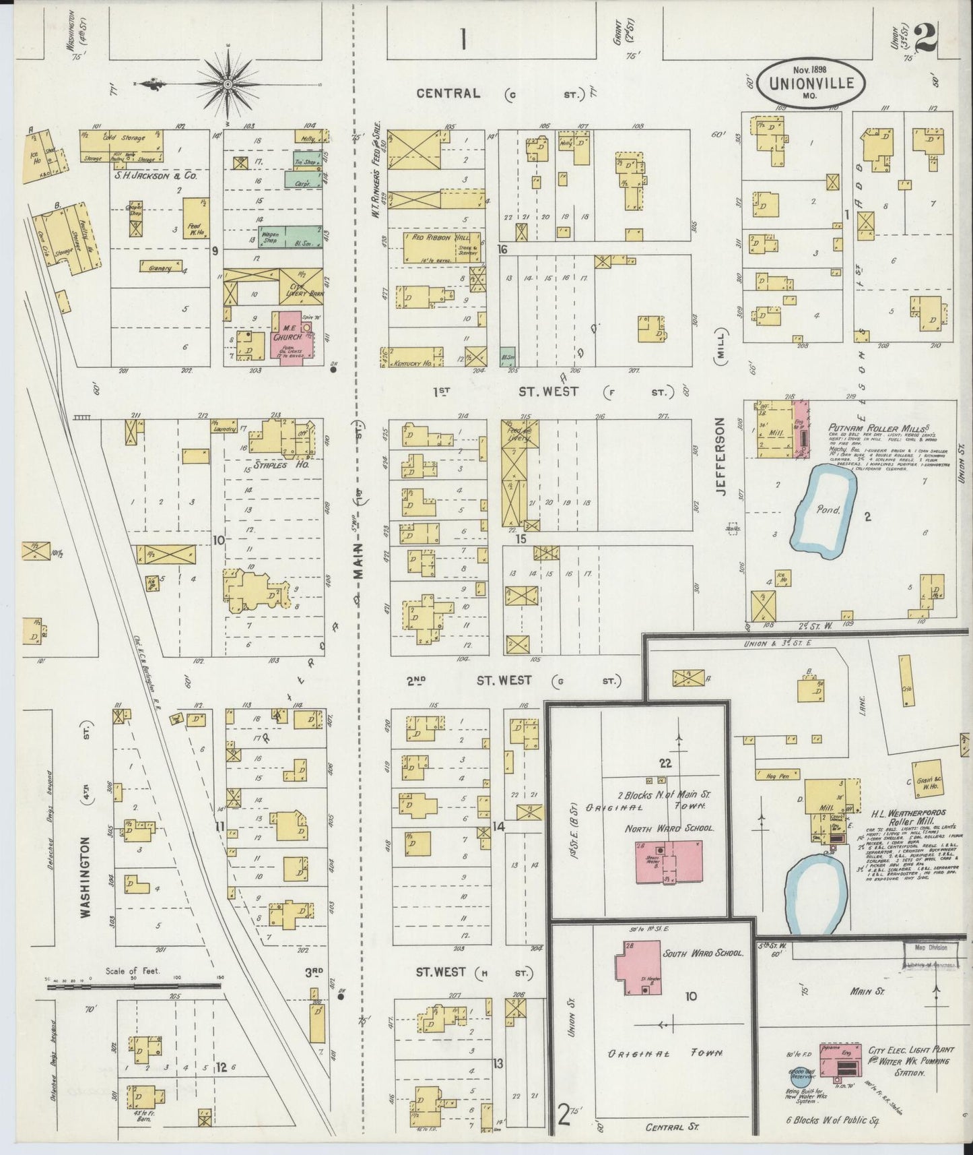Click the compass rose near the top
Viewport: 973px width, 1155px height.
coord(227,84)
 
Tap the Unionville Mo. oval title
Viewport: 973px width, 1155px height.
coord(814,83)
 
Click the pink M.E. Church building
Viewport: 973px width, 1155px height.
coord(292,334)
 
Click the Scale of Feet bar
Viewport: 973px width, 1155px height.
coord(135,985)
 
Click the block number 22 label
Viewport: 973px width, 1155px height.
coord(665,762)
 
